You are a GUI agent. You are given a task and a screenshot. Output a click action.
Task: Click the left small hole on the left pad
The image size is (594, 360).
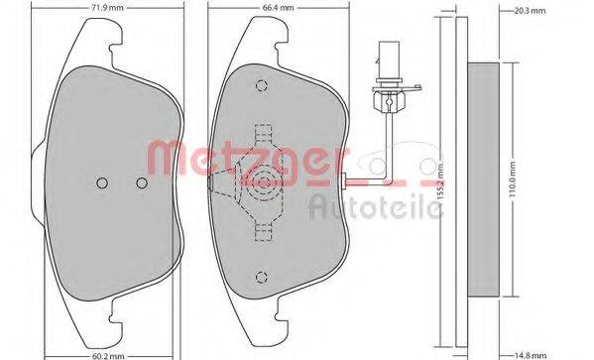(x=103, y=183)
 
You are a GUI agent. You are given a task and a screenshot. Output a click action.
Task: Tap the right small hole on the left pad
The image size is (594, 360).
(x=141, y=183)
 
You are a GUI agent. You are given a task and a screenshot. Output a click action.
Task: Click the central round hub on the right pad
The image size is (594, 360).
(x=263, y=180)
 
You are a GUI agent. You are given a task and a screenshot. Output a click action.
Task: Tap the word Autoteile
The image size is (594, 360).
(x=375, y=204)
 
